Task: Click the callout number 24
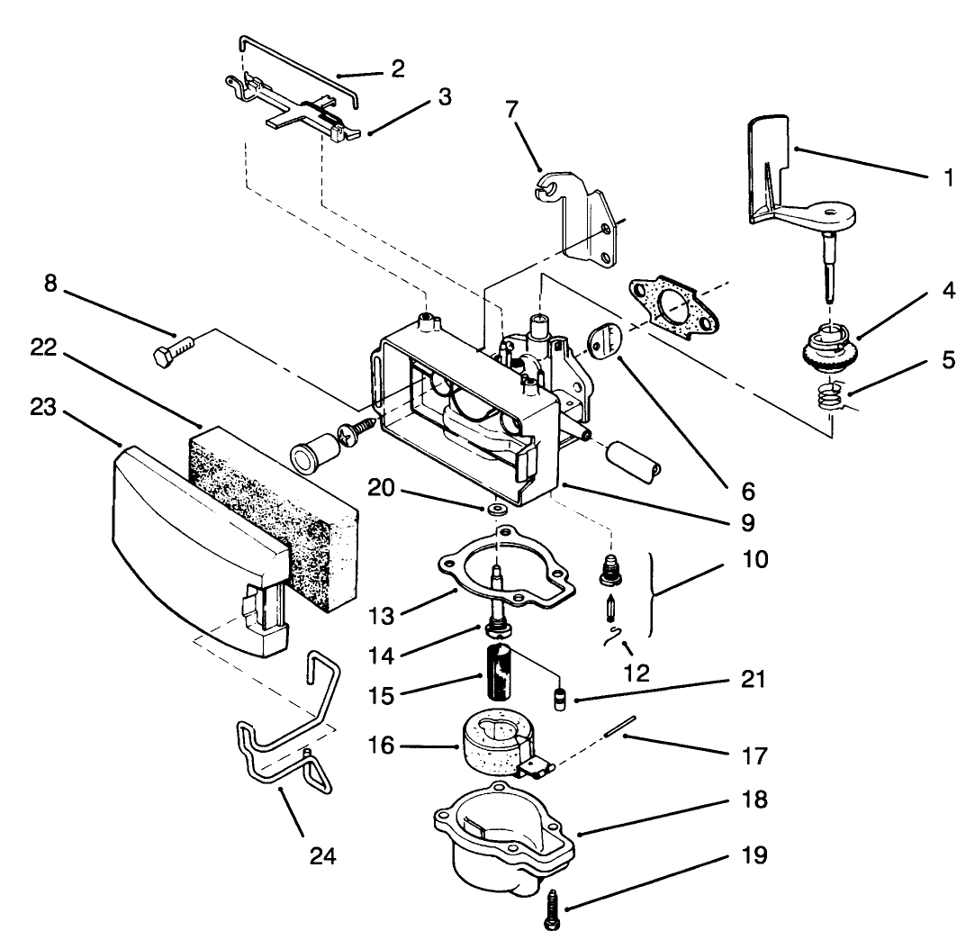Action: pyautogui.click(x=322, y=856)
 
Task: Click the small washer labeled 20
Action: pyautogui.click(x=494, y=511)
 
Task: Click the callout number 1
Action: pyautogui.click(x=948, y=178)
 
